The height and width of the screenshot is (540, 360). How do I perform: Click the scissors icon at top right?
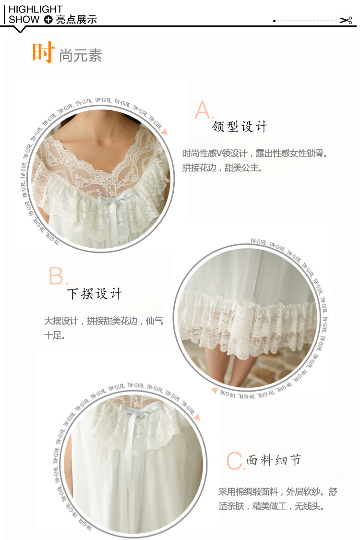(346, 20)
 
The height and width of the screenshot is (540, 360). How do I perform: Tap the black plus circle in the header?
(48, 20)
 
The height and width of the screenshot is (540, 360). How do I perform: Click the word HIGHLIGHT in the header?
(36, 9)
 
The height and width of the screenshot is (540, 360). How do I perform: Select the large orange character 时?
(43, 52)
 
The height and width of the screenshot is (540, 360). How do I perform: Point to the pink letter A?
(203, 110)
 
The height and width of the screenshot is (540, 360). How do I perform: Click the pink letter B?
(57, 276)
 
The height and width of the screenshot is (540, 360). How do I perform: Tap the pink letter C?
(235, 461)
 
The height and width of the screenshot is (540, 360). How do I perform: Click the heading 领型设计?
(240, 127)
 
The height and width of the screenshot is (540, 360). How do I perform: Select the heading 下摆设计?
(95, 294)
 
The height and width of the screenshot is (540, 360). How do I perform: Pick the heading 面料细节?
(274, 460)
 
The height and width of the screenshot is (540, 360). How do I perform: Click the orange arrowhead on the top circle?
(165, 132)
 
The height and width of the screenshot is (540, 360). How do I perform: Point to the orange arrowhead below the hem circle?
(214, 391)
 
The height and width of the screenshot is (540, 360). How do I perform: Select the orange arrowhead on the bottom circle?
(197, 417)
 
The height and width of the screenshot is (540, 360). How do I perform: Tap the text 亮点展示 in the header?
(76, 20)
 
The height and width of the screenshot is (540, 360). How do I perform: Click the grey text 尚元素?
(81, 55)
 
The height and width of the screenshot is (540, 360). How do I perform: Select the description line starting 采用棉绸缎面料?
(277, 492)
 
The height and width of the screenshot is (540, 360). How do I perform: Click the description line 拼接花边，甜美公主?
(223, 168)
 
